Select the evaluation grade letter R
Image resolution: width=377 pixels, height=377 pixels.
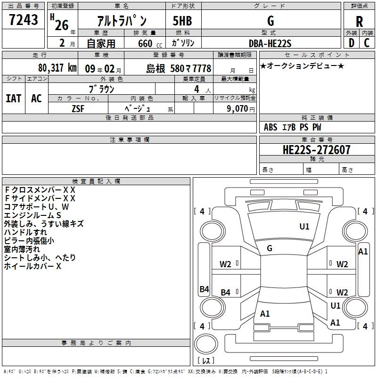click(359, 21)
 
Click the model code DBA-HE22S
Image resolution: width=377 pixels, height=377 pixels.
click(270, 43)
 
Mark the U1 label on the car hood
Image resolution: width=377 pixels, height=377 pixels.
click(304, 227)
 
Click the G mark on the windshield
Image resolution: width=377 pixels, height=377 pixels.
click(269, 248)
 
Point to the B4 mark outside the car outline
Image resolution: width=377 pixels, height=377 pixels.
click(204, 289)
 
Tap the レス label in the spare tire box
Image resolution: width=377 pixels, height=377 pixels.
click(206, 361)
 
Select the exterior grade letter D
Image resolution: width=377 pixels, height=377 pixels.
click(351, 43)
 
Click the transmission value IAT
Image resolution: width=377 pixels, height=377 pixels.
click(13, 98)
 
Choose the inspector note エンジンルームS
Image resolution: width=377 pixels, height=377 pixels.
click(33, 215)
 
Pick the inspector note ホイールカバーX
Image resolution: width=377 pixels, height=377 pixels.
click(33, 266)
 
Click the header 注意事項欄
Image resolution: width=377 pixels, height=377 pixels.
click(130, 140)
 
